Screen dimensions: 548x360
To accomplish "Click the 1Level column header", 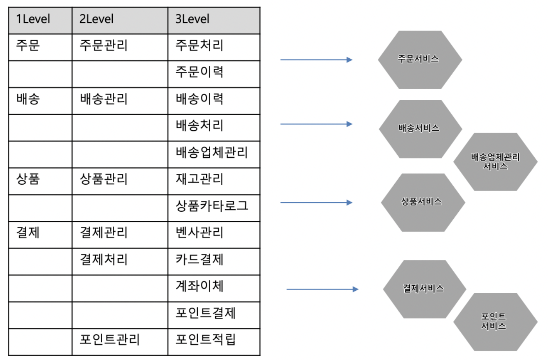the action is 40,20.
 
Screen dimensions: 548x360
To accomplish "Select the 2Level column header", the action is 120,20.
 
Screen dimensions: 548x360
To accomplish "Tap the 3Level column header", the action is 214,20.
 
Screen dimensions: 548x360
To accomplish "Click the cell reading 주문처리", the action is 214,47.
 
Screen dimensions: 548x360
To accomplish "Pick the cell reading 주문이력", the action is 214,74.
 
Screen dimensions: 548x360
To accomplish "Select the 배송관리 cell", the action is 120,101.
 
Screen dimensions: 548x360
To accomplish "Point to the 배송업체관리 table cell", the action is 214,154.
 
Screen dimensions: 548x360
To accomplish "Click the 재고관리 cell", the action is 214,181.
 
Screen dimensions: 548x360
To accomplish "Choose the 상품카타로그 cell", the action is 214,208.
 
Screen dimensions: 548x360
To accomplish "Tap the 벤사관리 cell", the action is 214,235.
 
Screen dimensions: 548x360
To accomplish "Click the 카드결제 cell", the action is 214,262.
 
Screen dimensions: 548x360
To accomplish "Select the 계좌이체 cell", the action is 214,288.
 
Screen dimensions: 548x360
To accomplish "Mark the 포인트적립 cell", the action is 214,342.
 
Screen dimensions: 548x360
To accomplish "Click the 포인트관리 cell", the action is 120,342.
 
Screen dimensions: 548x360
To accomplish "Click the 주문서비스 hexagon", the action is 420,59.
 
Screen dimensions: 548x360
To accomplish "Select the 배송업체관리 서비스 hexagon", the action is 495,162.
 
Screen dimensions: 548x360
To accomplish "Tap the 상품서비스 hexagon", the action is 423,203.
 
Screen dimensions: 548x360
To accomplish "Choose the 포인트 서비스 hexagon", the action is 495,322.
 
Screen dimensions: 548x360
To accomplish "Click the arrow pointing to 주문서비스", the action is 316,59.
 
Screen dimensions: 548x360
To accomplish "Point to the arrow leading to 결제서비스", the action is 323,289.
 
